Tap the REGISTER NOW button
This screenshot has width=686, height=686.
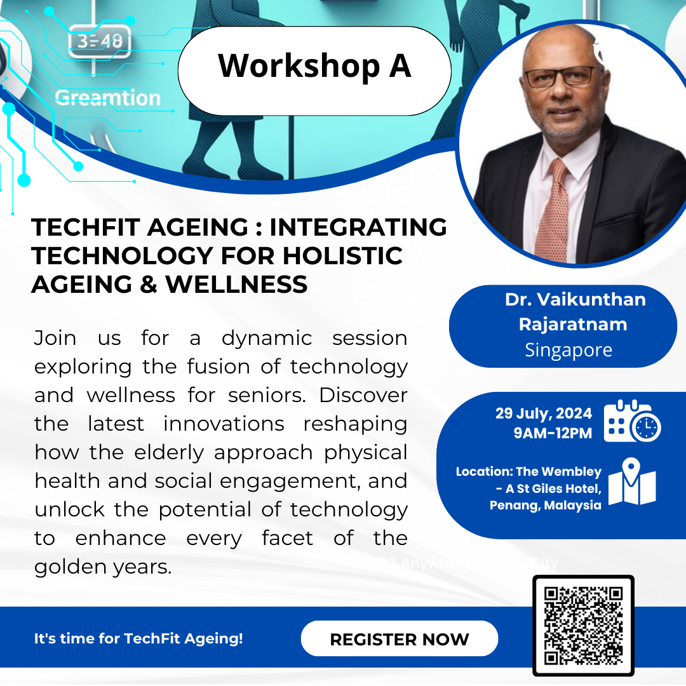(x=399, y=638)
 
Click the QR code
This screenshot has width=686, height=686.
(x=583, y=626)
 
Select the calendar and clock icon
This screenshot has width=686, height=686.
(x=631, y=422)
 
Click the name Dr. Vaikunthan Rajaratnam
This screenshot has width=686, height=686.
(x=575, y=311)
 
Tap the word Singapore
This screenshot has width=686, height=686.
(x=568, y=350)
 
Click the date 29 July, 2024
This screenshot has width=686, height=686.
(x=543, y=414)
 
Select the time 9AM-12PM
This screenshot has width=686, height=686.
(x=553, y=433)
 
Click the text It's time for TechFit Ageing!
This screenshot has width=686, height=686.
(x=138, y=638)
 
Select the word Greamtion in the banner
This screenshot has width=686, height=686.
(x=107, y=98)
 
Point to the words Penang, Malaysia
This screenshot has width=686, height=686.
(x=545, y=506)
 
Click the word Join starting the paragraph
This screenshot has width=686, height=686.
(x=55, y=338)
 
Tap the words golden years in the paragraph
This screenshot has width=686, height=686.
(x=103, y=567)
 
